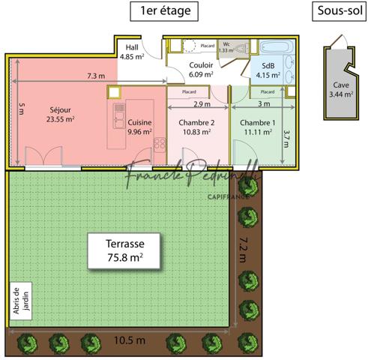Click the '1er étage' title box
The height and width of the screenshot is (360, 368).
pyautogui.click(x=164, y=10)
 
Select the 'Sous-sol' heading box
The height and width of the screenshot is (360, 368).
pyautogui.click(x=336, y=10)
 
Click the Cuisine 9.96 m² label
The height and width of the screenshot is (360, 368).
pyautogui.click(x=139, y=127)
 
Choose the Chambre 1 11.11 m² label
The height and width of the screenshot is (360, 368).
pyautogui.click(x=257, y=127)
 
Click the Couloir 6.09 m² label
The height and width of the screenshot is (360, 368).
pyautogui.click(x=202, y=70)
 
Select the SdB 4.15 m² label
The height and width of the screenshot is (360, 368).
pyautogui.click(x=268, y=70)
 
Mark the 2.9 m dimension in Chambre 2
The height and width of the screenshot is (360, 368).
pyautogui.click(x=202, y=104)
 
